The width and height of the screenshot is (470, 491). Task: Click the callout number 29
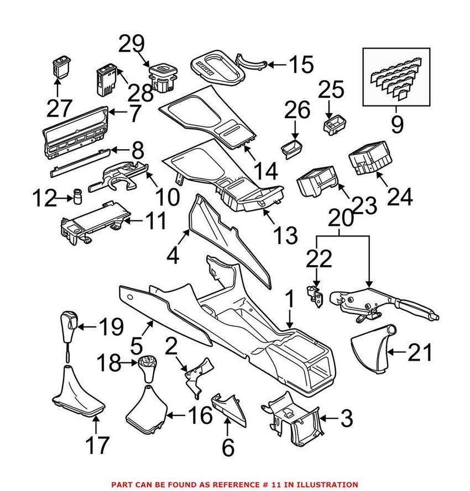[x=132, y=44]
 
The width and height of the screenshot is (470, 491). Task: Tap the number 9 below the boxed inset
[x=397, y=124]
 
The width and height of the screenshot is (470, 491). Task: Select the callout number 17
[x=97, y=445]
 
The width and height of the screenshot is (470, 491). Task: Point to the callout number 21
[x=420, y=352]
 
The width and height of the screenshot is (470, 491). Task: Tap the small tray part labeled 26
[x=292, y=149]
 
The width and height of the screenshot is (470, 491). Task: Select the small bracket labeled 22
[x=314, y=295]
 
